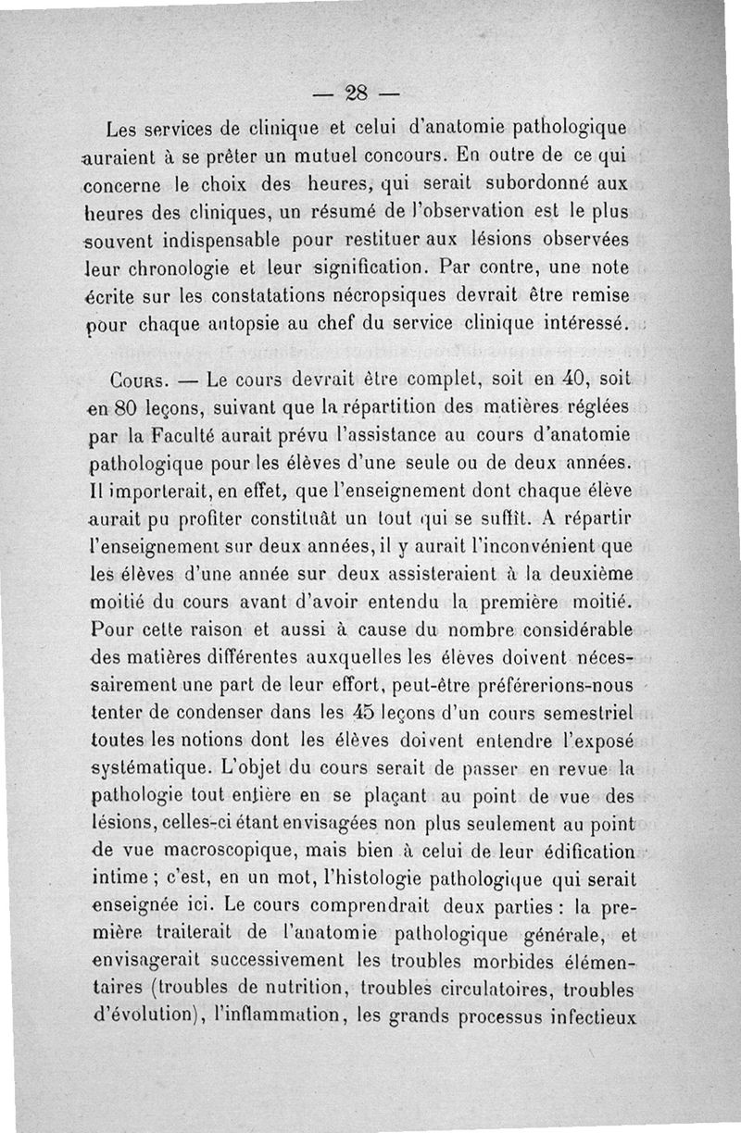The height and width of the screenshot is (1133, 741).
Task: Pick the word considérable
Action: click(x=571, y=630)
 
